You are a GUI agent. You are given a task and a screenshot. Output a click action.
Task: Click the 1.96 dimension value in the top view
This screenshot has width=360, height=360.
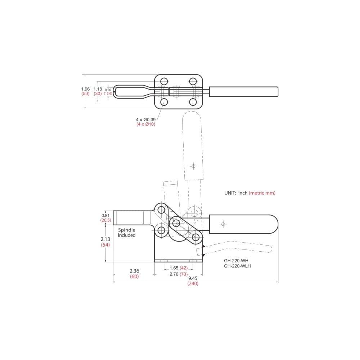tap(85, 89)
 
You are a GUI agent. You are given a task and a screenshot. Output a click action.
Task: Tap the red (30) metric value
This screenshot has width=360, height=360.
tap(98, 94)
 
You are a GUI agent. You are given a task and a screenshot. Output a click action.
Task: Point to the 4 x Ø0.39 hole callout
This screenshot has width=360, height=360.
tap(145, 120)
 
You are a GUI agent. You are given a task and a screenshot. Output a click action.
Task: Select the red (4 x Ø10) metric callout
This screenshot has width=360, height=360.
tap(146, 124)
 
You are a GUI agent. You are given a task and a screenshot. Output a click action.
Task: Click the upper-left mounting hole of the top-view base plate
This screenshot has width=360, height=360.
tap(164, 81)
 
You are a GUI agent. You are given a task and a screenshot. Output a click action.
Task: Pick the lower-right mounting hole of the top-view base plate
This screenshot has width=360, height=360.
tap(193, 102)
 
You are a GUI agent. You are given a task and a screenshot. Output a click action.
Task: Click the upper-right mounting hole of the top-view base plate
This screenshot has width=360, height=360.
tap(193, 81)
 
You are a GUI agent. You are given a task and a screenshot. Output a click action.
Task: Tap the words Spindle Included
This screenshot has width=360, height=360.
tap(127, 233)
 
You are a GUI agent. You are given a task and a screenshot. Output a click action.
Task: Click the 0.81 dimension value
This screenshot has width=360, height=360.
tap(105, 215)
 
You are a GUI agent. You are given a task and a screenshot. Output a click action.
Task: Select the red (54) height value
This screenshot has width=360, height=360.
tap(105, 245)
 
